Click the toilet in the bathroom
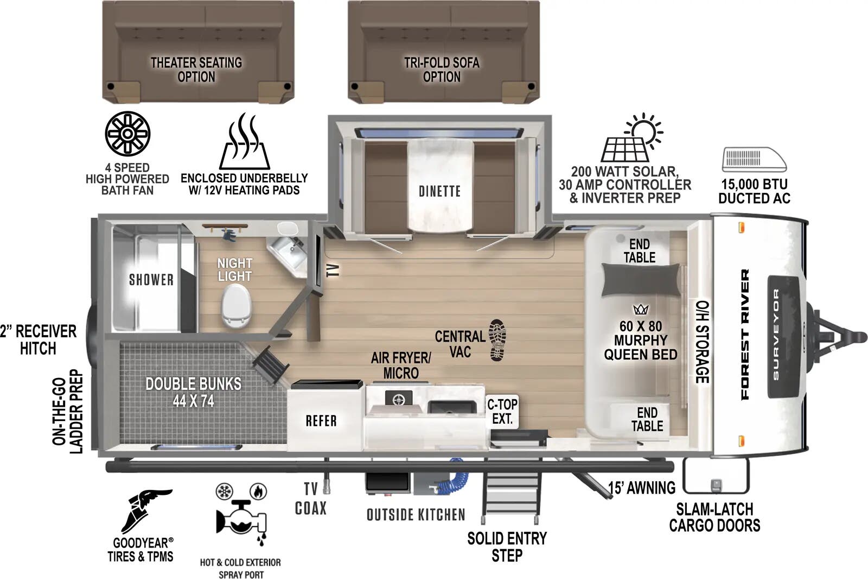[237, 306]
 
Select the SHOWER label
[151, 280]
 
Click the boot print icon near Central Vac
[497, 340]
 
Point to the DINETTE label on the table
[439, 191]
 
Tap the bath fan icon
[127, 134]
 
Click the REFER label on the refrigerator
[321, 420]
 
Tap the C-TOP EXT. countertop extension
[502, 412]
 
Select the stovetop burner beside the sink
[399, 399]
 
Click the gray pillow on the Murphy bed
[640, 280]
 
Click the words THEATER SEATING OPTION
[196, 70]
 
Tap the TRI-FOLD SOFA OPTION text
[442, 70]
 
